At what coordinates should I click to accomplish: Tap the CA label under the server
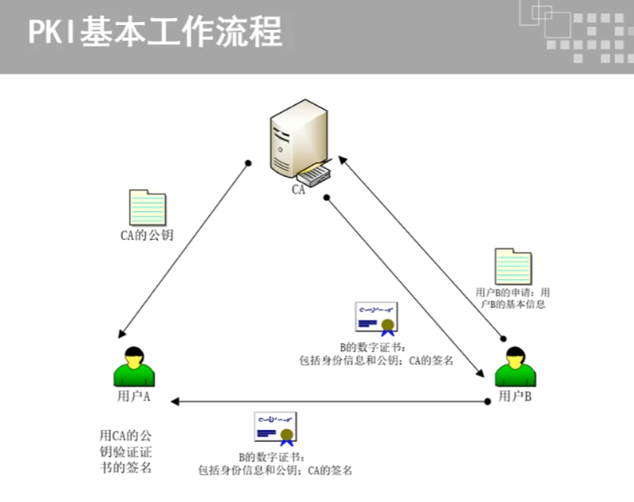[299, 189]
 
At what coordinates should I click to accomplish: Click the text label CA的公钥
[146, 235]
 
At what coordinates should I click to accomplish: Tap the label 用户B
[515, 397]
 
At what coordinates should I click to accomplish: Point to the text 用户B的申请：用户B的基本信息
[513, 298]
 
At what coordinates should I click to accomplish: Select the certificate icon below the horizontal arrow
[275, 429]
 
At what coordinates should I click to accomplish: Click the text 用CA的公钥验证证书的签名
[125, 451]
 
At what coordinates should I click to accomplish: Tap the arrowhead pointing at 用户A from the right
[176, 401]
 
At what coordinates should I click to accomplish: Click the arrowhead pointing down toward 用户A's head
[121, 333]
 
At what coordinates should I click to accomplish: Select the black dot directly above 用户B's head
[504, 339]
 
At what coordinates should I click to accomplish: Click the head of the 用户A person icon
[134, 355]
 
